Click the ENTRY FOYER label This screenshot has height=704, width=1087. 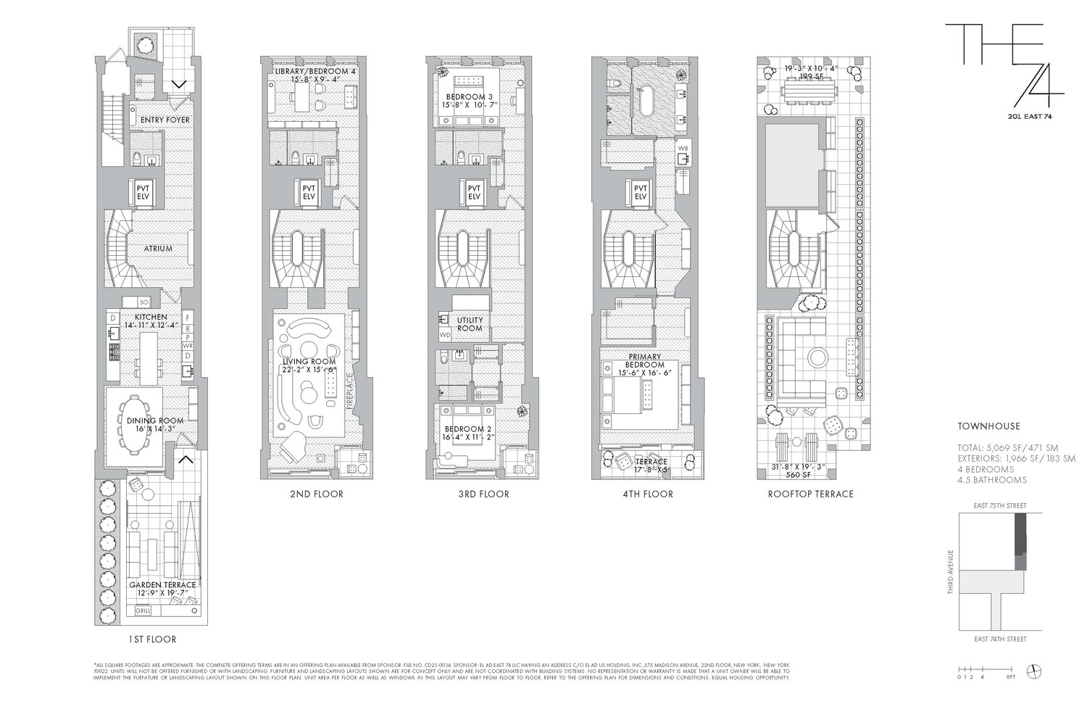click(x=164, y=120)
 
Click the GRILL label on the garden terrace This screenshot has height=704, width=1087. click(x=144, y=611)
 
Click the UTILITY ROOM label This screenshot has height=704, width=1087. click(x=470, y=324)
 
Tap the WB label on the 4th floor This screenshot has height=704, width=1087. click(x=682, y=149)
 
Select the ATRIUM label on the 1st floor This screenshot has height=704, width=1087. click(x=158, y=249)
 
